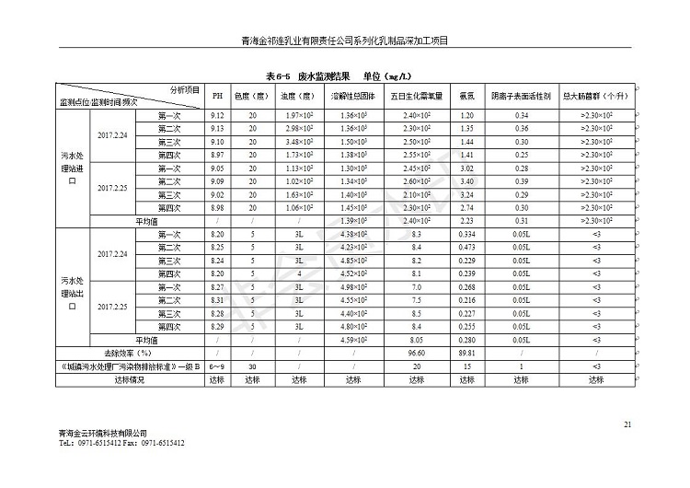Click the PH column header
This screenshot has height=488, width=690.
[218, 96]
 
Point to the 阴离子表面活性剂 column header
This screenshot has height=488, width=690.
[522, 96]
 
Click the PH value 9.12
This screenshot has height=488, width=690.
[218, 115]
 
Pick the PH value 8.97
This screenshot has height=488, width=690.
[218, 156]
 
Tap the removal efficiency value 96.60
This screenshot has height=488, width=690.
[416, 353]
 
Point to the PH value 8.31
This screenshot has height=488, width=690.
[218, 301]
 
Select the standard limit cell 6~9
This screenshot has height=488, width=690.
[218, 366]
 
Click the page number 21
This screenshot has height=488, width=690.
[627, 424]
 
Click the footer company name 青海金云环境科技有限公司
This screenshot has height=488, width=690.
[101, 433]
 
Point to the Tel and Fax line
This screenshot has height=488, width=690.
[121, 443]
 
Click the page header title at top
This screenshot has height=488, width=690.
[344, 41]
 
